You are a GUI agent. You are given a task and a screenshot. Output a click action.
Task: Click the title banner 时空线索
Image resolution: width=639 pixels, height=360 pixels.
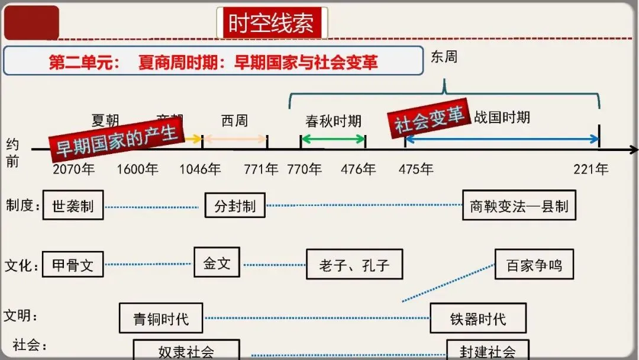pos(272,23)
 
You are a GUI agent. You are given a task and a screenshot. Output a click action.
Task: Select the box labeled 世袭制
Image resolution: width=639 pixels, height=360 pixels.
pos(73,205)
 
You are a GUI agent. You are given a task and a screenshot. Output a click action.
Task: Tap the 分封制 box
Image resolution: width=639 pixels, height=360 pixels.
pos(235,205)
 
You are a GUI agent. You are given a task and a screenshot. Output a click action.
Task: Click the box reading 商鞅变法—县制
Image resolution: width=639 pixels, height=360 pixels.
pos(519,205)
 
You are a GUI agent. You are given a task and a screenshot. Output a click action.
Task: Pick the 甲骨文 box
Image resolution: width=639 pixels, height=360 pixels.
pos(73,264)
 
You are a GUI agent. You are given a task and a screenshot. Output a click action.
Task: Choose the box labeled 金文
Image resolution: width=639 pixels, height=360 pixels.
pos(217,262)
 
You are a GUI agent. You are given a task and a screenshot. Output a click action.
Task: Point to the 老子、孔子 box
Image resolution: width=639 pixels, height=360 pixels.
pos(354,264)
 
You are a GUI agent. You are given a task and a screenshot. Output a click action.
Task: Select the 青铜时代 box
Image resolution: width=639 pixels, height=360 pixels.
pos(161,318)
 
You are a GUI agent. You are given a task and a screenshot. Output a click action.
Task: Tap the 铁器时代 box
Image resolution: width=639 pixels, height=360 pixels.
pos(477,319)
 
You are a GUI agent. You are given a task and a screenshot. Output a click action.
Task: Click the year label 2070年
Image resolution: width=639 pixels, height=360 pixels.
pos(74,169)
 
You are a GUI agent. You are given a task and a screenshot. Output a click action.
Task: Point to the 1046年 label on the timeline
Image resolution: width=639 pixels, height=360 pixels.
pos(201,169)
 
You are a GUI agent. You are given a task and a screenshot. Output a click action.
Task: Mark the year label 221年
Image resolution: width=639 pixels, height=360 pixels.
pos(590,169)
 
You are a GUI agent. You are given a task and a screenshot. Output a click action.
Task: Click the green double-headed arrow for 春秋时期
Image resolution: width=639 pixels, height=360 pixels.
pos(333,140)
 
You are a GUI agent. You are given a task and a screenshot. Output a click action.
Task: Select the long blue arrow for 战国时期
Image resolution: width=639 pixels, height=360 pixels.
pos(502,140)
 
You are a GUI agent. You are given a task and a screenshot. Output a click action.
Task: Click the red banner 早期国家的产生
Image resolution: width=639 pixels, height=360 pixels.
pos(117,140)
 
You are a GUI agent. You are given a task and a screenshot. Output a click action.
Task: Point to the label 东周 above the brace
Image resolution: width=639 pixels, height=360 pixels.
pos(444,57)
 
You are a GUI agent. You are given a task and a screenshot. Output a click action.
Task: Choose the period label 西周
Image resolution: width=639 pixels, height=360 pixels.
pos(234,121)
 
